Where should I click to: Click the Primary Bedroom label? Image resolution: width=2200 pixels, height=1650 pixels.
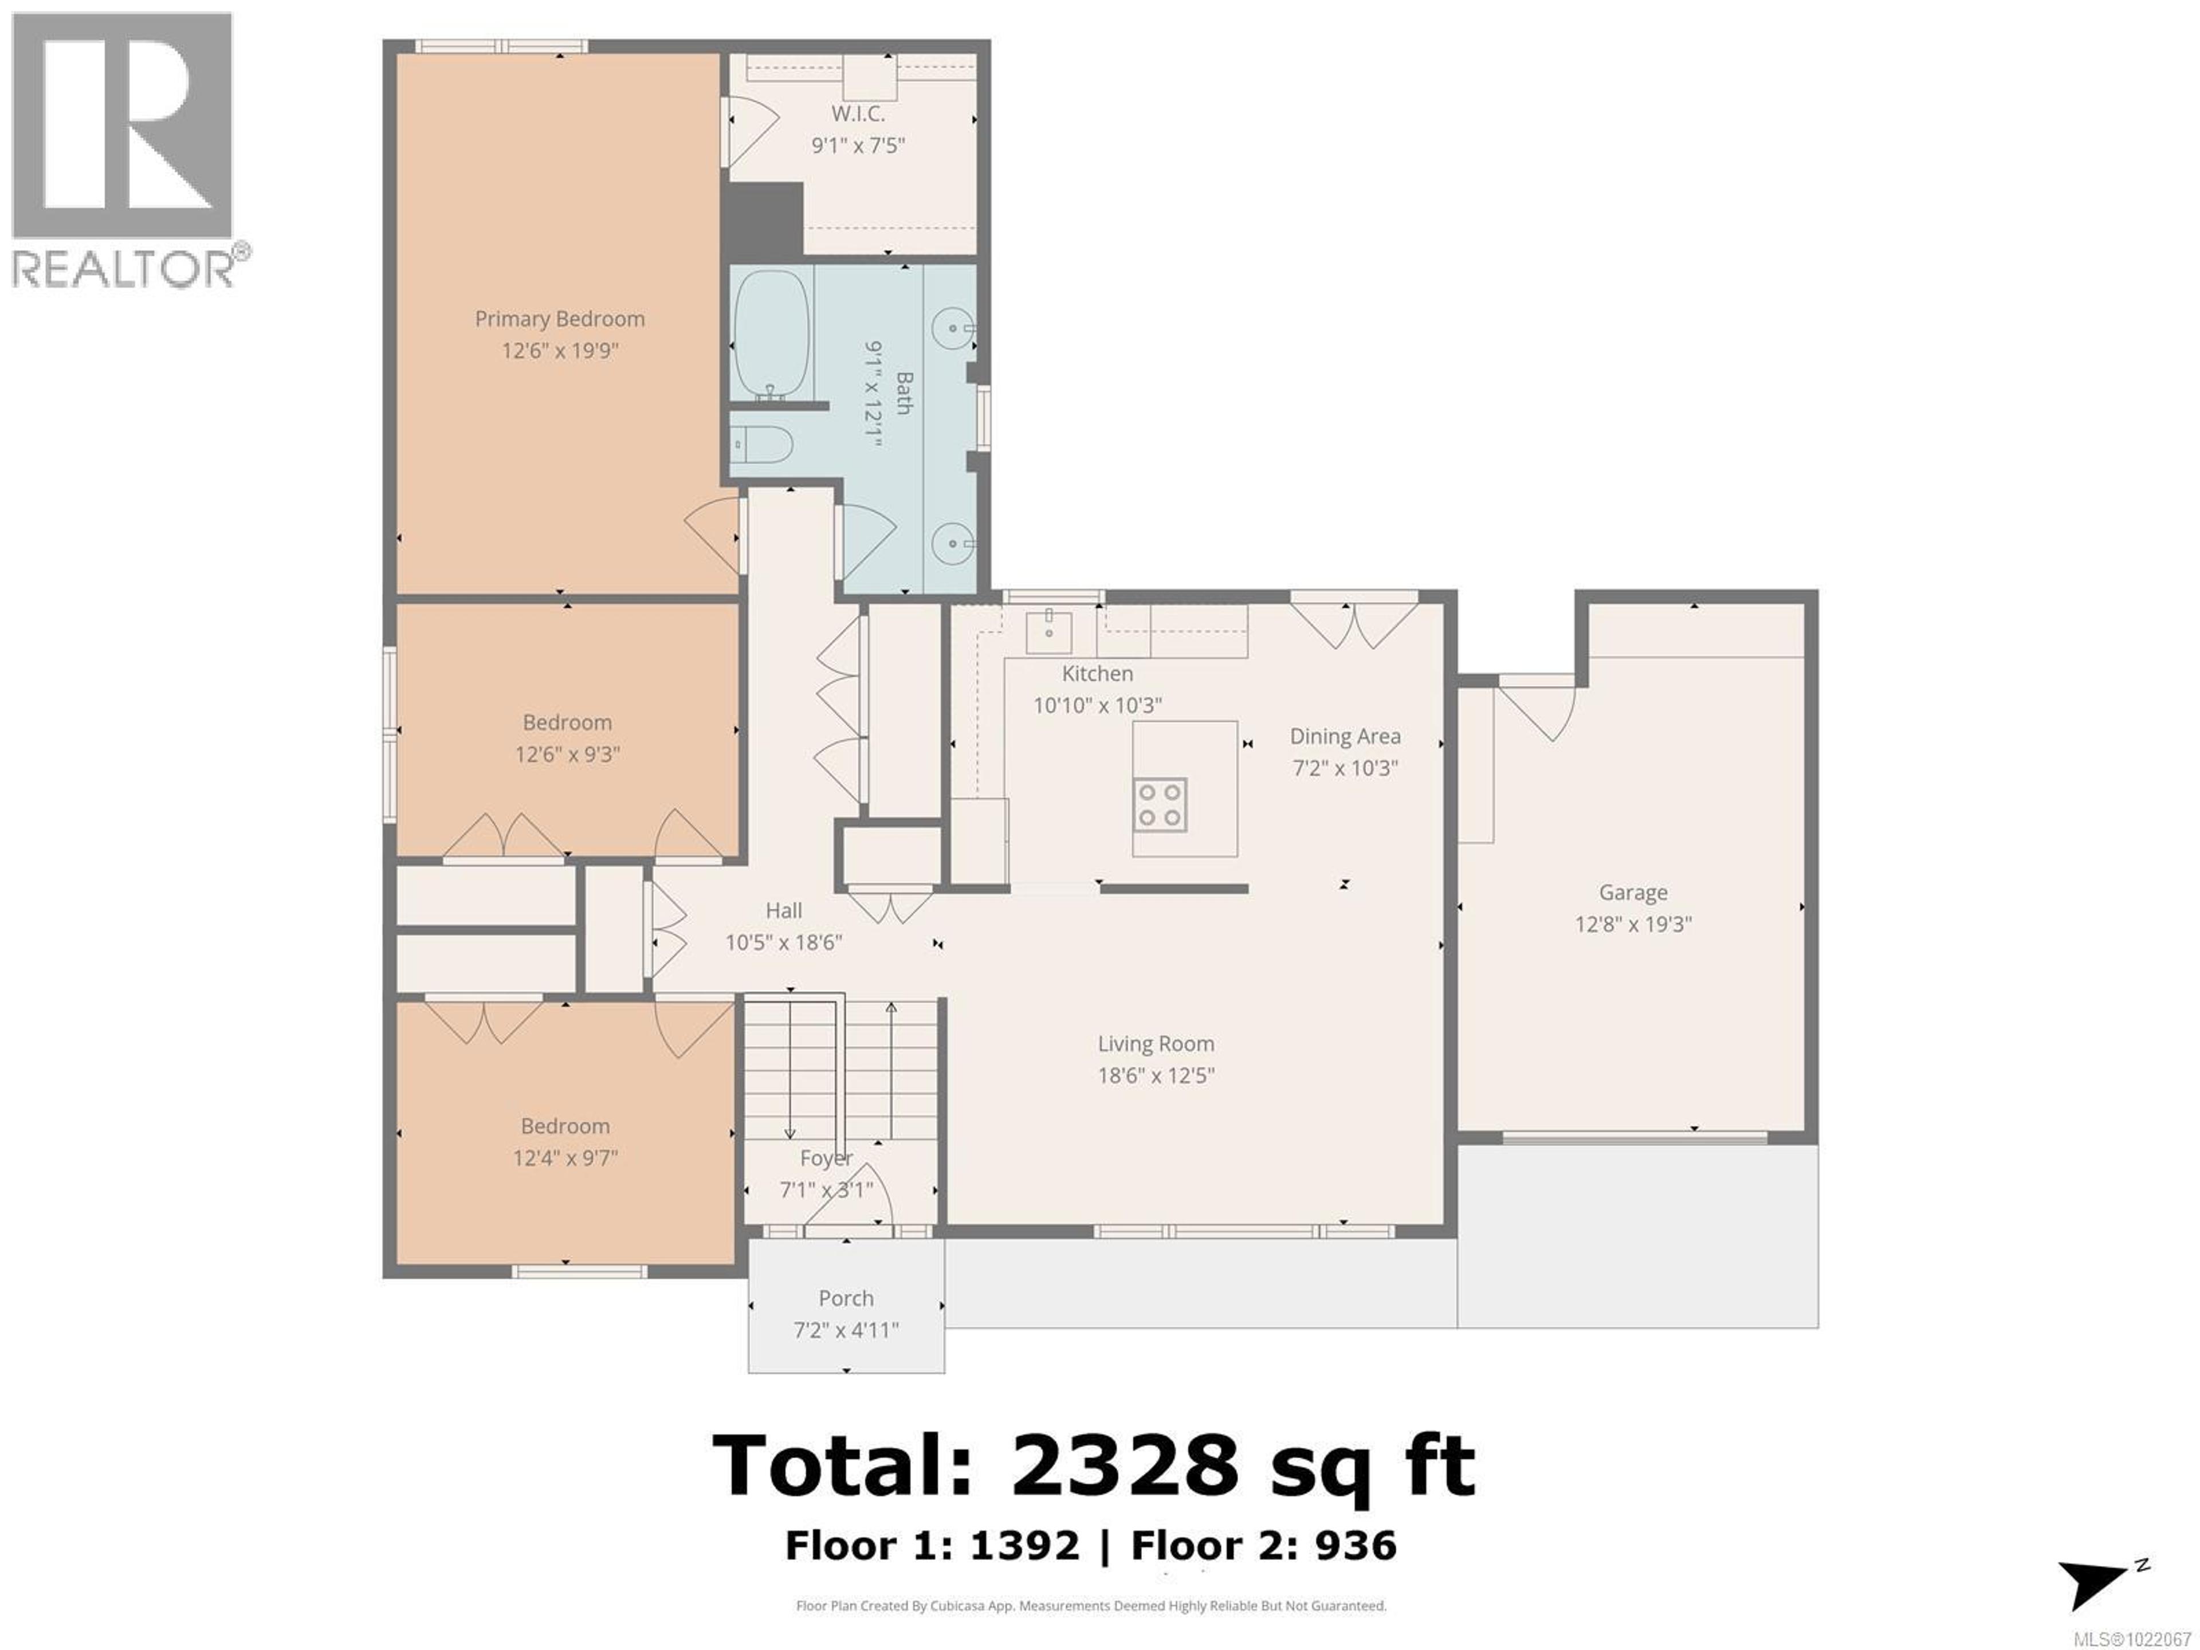pyautogui.click(x=559, y=319)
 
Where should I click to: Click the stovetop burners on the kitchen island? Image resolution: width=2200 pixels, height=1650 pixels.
pyautogui.click(x=1160, y=804)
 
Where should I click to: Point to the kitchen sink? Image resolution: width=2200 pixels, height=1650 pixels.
pyautogui.click(x=1048, y=627)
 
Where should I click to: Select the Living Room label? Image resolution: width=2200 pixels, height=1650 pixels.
pyautogui.click(x=1156, y=1043)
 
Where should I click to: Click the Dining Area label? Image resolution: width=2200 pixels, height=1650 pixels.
pyautogui.click(x=1345, y=736)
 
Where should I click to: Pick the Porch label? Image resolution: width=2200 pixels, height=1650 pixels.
pyautogui.click(x=846, y=1298)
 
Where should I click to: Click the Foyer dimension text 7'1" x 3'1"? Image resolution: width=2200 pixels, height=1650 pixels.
pyautogui.click(x=826, y=1189)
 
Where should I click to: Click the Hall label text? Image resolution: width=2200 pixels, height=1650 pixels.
pyautogui.click(x=784, y=910)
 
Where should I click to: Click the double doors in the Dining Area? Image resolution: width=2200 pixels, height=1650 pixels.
pyautogui.click(x=1354, y=624)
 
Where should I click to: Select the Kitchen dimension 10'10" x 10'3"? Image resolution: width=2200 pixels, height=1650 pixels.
pyautogui.click(x=1097, y=705)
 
